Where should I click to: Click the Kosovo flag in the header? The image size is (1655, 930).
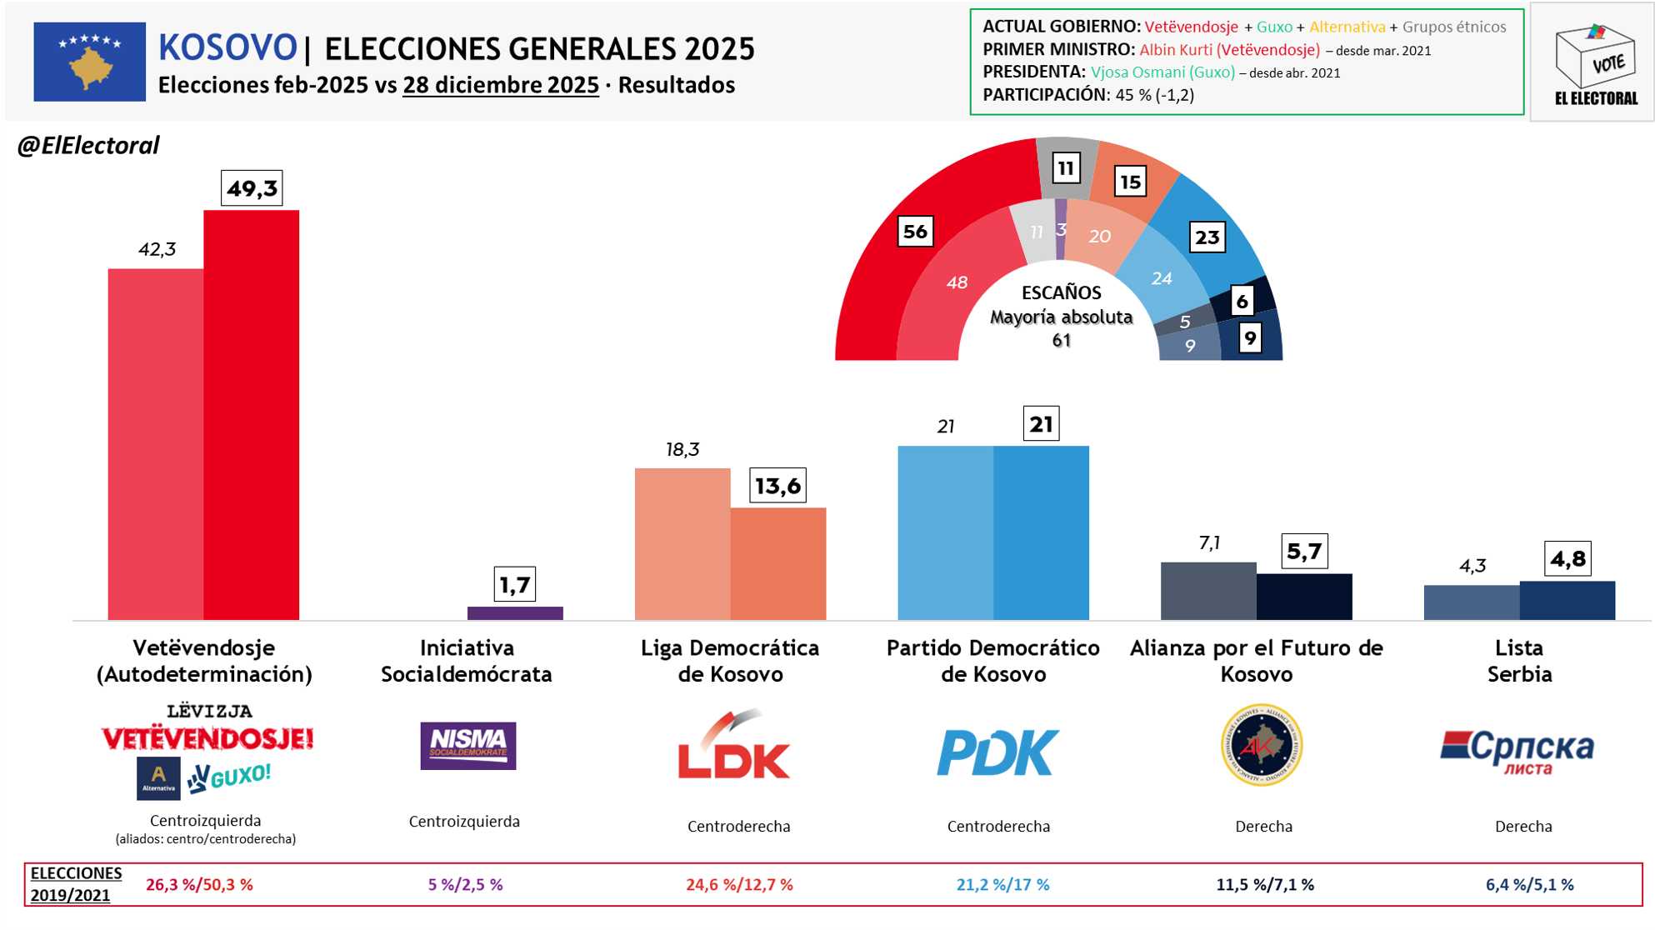[x=89, y=62]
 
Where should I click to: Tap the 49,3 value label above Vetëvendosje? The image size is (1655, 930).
[x=252, y=188]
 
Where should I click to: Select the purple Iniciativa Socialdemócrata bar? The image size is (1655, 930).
[x=515, y=613]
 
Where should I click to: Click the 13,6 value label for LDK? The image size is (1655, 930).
[x=777, y=485]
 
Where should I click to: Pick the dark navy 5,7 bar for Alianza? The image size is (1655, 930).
[x=1304, y=597]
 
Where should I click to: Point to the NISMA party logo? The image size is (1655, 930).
[x=467, y=745]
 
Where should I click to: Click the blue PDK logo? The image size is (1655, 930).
[x=997, y=752]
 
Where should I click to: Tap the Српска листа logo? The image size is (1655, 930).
[x=1517, y=750]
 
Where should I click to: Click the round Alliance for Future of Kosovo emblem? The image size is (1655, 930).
[x=1261, y=745]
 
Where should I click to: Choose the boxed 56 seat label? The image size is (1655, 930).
[x=915, y=232]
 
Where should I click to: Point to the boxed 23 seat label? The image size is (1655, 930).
[x=1207, y=237]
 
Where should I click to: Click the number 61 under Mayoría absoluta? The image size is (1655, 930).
[x=1061, y=340]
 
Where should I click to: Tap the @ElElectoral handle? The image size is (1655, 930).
[x=88, y=146]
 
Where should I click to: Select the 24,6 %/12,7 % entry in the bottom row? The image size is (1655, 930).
[x=739, y=885]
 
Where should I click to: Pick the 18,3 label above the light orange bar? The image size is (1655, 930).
[x=682, y=450]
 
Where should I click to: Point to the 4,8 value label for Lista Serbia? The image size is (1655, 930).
[x=1567, y=558]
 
